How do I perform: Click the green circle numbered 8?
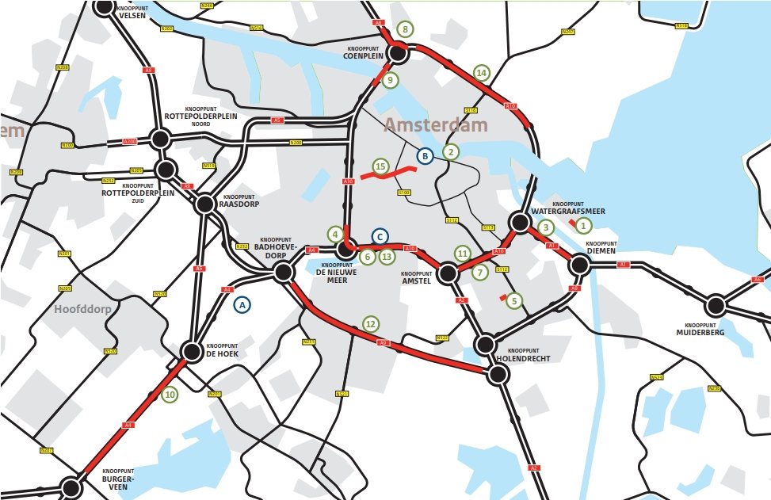(404, 30)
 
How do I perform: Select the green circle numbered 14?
(481, 73)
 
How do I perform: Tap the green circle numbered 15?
(380, 166)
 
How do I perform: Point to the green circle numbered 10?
(170, 394)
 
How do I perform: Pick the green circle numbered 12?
(370, 323)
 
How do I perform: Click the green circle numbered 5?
(514, 301)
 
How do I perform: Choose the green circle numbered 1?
(583, 225)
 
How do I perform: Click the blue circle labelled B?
(425, 157)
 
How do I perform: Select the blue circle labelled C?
(380, 236)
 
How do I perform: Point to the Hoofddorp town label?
(82, 309)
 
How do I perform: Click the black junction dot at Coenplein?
(397, 52)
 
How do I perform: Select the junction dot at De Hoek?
(192, 351)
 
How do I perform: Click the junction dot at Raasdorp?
(205, 204)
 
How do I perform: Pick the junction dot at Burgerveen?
(71, 487)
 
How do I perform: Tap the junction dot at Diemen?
(578, 266)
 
